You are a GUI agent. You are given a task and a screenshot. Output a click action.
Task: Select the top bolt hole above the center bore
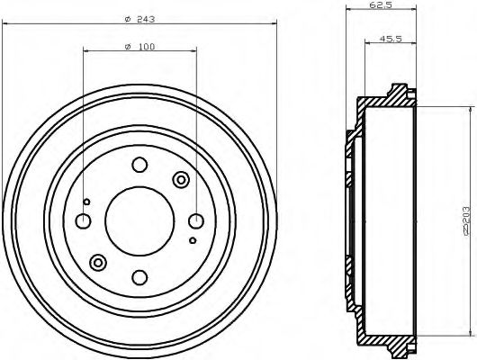(139, 165)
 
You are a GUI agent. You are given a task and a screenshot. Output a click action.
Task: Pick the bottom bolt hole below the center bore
(139, 276)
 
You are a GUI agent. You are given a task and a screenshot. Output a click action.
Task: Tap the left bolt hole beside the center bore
(83, 220)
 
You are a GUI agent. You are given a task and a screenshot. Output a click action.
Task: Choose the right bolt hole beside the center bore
(195, 220)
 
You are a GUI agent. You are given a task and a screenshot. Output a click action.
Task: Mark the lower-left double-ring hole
(98, 262)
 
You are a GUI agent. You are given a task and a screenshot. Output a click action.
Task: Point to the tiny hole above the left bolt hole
(86, 201)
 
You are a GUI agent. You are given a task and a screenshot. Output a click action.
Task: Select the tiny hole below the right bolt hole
(193, 240)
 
